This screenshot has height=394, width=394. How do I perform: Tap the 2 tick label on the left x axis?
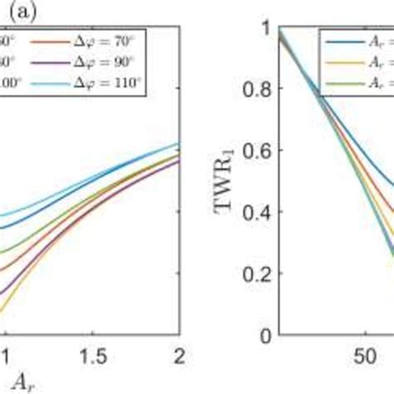180,355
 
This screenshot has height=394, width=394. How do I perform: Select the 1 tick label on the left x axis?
5,355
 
